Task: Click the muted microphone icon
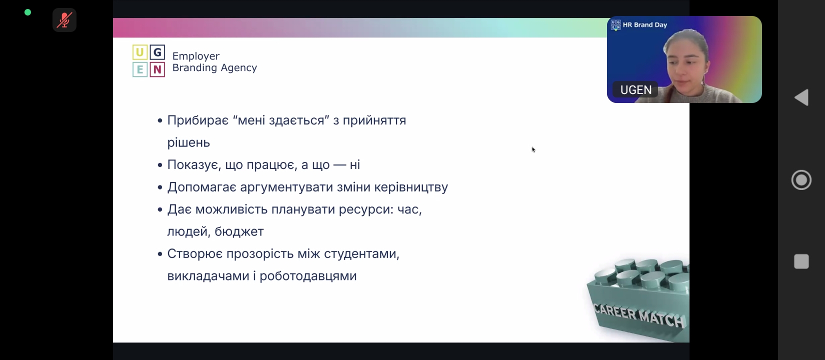[64, 20]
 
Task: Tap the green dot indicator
[27, 12]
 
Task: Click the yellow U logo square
[140, 52]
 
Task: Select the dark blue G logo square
[157, 52]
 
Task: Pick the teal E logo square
[140, 69]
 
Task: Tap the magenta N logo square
[157, 69]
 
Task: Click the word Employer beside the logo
[196, 56]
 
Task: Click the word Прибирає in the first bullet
[198, 120]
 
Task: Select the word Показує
[194, 164]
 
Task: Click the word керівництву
[411, 187]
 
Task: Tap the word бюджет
[239, 231]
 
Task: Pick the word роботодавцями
[308, 276]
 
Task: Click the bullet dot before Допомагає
[160, 187]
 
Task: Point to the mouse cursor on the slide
[533, 149]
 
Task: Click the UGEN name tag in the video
[635, 90]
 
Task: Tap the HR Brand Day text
[645, 25]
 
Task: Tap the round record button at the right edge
[801, 180]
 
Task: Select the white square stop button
[801, 261]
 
